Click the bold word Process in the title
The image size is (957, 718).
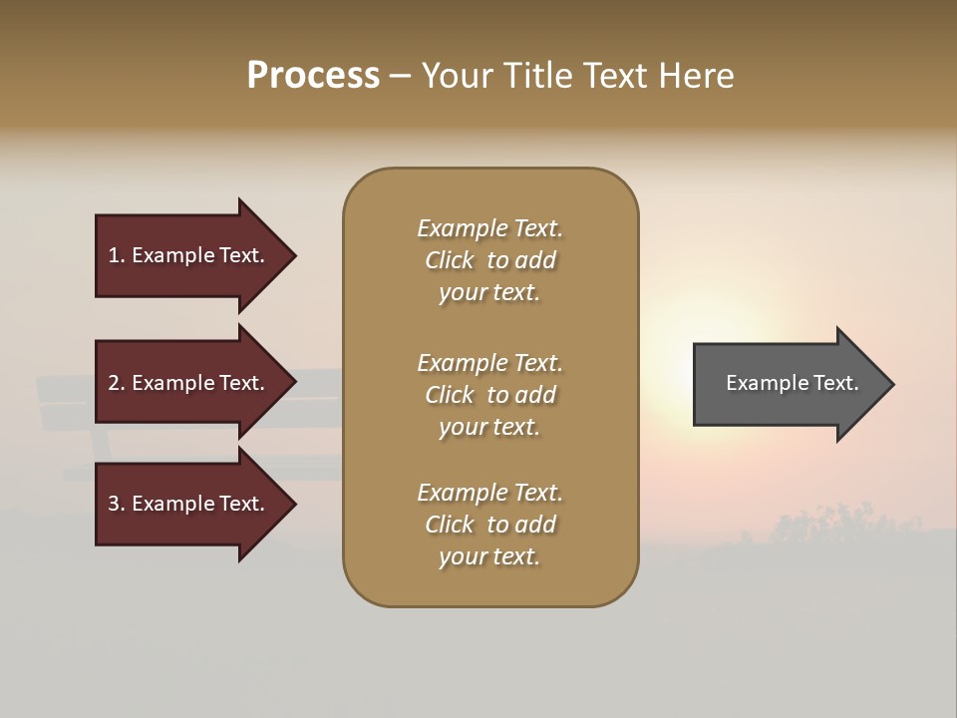(313, 76)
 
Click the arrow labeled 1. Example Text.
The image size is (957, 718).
(189, 255)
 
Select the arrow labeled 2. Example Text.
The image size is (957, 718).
(189, 383)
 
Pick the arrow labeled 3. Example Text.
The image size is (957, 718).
(189, 504)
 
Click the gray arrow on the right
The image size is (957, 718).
(788, 383)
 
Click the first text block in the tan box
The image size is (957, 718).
(489, 260)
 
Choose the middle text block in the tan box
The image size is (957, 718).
(489, 395)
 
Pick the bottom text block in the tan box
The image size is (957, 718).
(489, 525)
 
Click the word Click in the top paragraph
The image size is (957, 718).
(449, 260)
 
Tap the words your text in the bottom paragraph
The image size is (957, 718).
(489, 556)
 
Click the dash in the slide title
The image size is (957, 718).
(400, 77)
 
